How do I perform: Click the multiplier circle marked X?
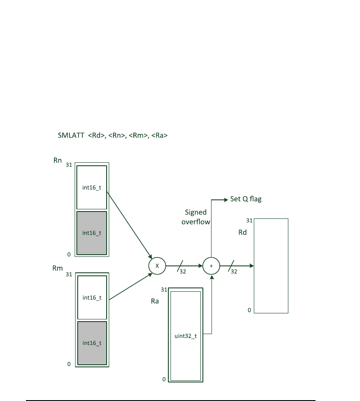coord(157,266)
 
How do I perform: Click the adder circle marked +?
coord(211,266)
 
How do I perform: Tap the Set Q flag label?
coord(246,199)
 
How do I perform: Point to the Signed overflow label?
coord(196,217)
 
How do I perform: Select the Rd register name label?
coord(243,232)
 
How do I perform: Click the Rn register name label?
coord(57,160)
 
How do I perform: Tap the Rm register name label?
coord(57,268)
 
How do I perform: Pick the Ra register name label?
coord(155,301)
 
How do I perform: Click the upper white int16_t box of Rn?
coord(92,187)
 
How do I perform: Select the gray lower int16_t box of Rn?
coord(92,233)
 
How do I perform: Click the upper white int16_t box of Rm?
coord(92,297)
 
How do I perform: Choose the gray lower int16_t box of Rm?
coord(92,343)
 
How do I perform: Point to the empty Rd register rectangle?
coord(271,265)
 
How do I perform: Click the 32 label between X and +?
coord(183,272)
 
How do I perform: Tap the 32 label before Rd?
coord(234,272)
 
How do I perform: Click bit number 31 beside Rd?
coord(249,221)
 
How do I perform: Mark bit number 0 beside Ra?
coord(164,379)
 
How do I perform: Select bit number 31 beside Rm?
coord(69,274)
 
